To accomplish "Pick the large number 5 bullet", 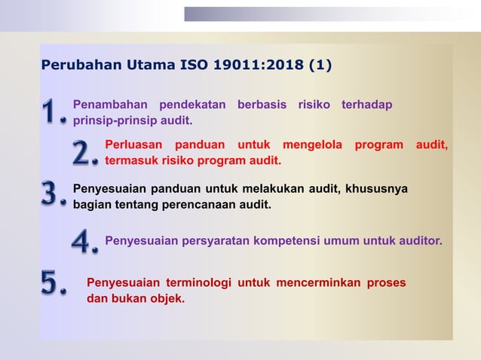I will click(x=52, y=284).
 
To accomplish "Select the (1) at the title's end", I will click(x=320, y=66).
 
